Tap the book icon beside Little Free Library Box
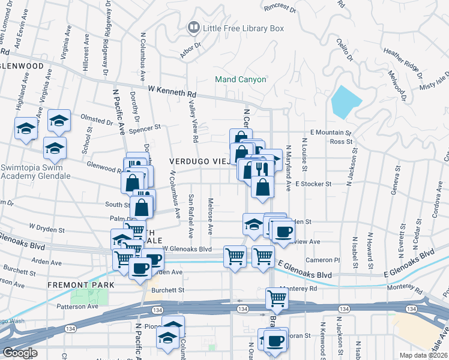click(193, 27)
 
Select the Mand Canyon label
click(241, 79)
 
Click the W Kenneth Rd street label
click(172, 92)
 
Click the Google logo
click(20, 353)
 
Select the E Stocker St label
click(313, 184)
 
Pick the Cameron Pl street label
click(322, 260)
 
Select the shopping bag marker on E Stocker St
click(262, 187)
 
